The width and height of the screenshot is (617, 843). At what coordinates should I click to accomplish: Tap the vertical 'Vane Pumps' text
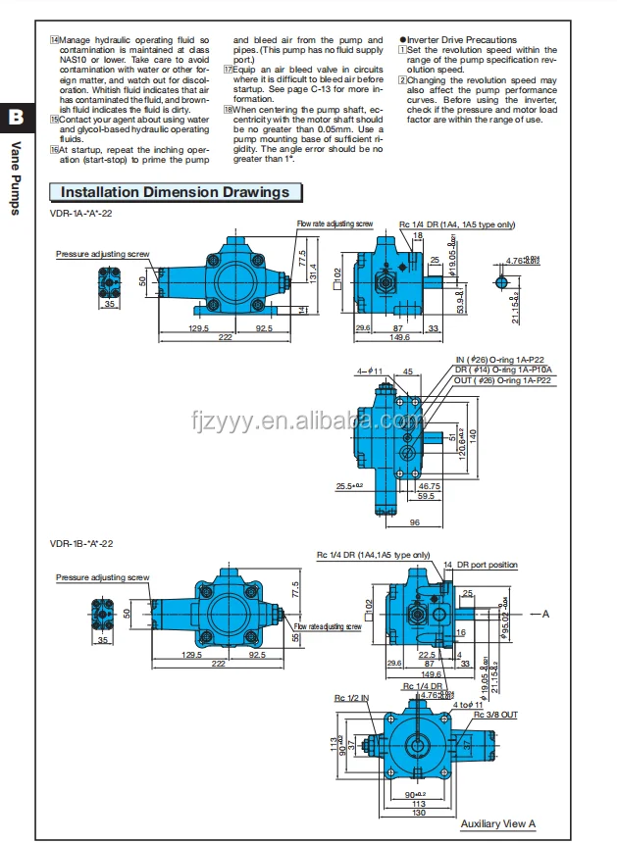(x=16, y=177)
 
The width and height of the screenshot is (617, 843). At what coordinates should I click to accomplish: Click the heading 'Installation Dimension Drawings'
(x=176, y=192)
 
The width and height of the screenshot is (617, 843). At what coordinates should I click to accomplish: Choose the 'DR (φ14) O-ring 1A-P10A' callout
(x=502, y=371)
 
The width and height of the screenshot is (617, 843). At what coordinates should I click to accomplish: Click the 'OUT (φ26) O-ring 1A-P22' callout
(x=504, y=380)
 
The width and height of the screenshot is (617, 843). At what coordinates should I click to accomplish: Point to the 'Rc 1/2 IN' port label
(x=350, y=697)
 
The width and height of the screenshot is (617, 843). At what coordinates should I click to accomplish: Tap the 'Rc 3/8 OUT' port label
(x=495, y=715)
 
